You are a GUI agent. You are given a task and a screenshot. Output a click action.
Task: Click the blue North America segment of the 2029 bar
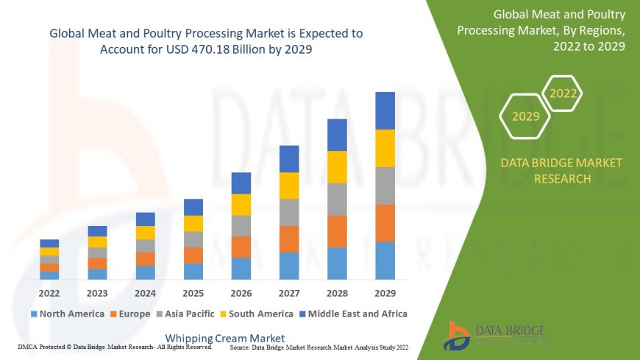coord(385,261)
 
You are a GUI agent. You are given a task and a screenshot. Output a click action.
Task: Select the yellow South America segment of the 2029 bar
coord(385,148)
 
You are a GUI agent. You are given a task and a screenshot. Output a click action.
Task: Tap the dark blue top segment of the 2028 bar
coord(337,135)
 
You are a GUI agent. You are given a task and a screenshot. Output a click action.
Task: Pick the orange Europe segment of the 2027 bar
coord(289,239)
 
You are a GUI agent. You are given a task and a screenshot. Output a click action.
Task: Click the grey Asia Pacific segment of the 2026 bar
coord(241,225)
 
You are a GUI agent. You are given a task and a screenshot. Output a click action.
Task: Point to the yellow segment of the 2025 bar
coord(193,223)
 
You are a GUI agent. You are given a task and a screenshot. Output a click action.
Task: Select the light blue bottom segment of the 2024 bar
coord(146,272)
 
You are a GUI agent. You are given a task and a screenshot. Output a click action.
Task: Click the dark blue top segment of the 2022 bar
coord(49,243)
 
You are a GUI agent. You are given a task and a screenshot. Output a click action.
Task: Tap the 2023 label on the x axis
coord(97,292)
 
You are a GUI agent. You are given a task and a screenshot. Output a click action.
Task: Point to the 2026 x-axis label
coord(241,292)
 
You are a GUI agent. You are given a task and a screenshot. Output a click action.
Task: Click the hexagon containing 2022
coord(563,93)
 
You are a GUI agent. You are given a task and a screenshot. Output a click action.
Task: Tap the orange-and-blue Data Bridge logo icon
coord(458,336)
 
